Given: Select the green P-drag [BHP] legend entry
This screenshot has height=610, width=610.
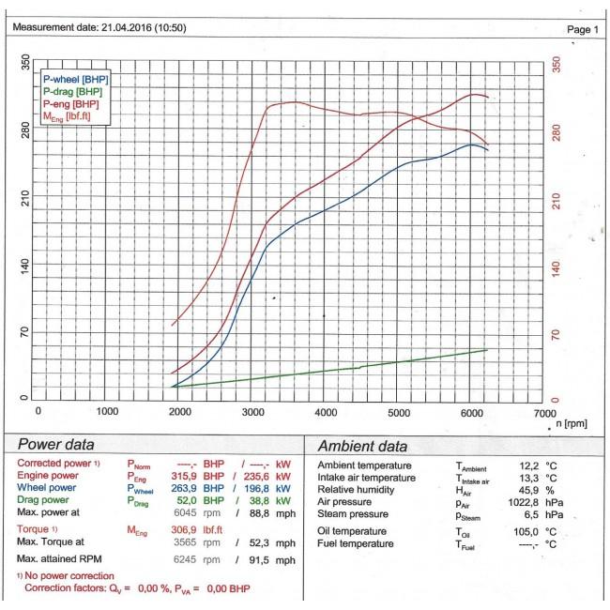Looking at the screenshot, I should (74, 91).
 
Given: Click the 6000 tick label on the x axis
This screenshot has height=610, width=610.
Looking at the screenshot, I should (472, 411).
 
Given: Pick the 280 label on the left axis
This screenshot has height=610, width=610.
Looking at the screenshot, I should (25, 131).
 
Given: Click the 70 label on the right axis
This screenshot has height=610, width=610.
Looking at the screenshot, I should (556, 333).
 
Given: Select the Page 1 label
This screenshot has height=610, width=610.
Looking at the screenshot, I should (583, 30).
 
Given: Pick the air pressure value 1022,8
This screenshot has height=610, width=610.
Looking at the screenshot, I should (521, 501).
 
